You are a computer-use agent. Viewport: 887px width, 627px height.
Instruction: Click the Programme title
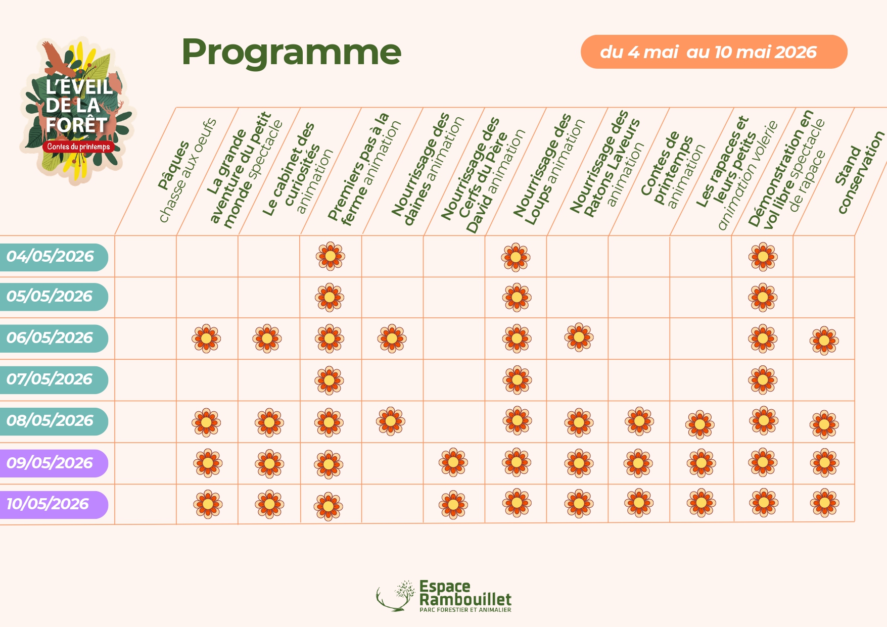click(291, 53)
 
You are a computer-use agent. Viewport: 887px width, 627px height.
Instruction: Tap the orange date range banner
click(713, 52)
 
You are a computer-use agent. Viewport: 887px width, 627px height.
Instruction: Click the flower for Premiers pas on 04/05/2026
click(331, 256)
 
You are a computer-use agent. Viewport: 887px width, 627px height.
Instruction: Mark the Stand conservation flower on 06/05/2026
click(824, 341)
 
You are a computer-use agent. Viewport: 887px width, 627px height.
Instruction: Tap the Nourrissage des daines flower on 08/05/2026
click(391, 420)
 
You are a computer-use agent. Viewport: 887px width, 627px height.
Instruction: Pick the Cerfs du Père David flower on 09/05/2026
click(453, 462)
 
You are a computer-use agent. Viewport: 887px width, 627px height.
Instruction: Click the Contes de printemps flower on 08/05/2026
click(639, 420)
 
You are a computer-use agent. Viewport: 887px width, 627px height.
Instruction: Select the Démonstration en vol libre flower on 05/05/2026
click(763, 298)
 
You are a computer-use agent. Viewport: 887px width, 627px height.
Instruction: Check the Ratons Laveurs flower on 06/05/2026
click(579, 337)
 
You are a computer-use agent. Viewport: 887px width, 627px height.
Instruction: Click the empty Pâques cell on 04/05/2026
click(146, 256)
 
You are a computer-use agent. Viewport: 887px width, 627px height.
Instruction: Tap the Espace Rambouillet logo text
click(465, 594)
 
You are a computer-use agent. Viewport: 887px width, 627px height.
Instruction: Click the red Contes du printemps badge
click(78, 147)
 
